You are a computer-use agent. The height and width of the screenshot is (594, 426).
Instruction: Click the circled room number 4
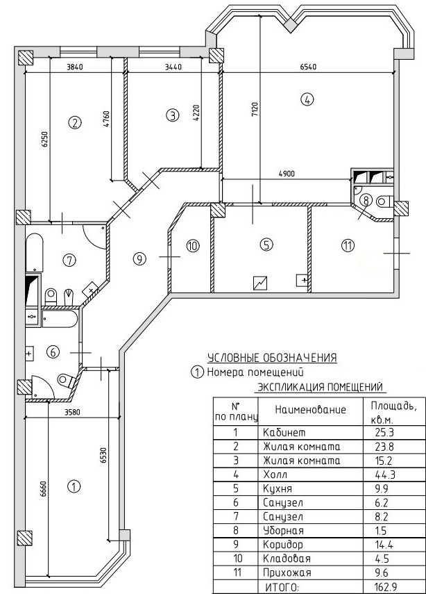click(307, 99)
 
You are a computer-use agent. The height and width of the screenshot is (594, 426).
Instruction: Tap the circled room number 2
click(76, 123)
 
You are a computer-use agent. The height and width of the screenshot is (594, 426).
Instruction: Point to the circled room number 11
click(348, 245)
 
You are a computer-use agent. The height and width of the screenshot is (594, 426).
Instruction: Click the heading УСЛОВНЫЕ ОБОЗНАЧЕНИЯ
click(272, 358)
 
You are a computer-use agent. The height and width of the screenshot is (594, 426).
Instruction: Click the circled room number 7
click(68, 261)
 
